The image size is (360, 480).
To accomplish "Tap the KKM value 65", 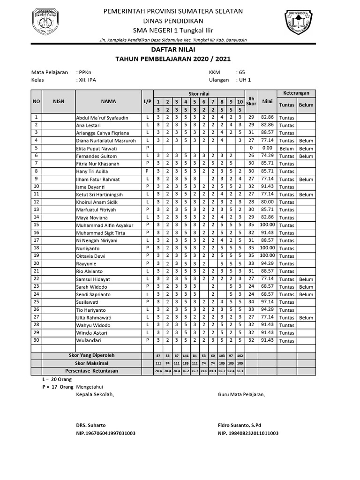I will [242, 72].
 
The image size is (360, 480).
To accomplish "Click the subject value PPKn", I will [86, 72].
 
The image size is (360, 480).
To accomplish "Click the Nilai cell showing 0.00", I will [267, 148].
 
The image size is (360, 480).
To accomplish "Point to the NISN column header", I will [59, 101].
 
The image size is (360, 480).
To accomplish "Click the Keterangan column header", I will [296, 93].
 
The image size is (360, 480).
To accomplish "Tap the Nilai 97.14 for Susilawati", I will [267, 302].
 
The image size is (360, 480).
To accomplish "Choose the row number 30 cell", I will [37, 340].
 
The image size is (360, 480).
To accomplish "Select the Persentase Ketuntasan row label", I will [92, 371].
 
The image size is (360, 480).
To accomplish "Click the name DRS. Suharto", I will [91, 425].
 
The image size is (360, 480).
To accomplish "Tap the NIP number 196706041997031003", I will [105, 433].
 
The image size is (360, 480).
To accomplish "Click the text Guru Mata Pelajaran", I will [241, 394].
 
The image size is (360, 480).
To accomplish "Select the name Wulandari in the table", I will [89, 341].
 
